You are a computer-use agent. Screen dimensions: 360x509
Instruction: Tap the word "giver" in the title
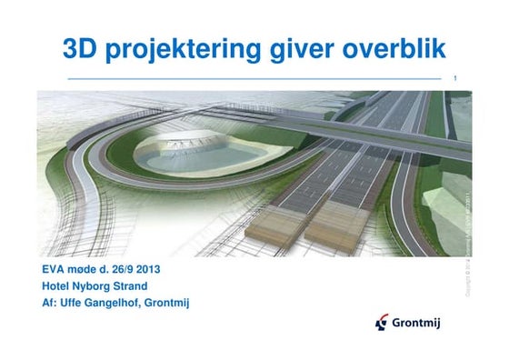click(292, 52)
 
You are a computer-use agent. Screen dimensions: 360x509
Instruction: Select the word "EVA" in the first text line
click(54, 270)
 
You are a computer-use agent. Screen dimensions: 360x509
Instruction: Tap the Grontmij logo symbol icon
click(383, 322)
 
